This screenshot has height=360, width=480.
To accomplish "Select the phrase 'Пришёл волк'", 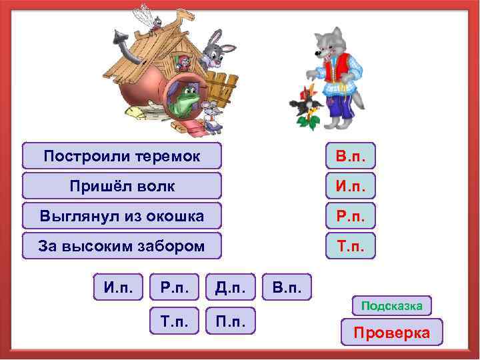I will pyautogui.click(x=121, y=185).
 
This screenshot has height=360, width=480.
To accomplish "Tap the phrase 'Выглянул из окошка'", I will pyautogui.click(x=121, y=215).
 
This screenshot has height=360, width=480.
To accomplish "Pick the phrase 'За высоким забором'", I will pyautogui.click(x=121, y=245).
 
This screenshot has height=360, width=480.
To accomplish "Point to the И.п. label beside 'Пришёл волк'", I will pyautogui.click(x=351, y=185).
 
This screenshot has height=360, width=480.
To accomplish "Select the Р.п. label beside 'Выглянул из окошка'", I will pyautogui.click(x=351, y=215).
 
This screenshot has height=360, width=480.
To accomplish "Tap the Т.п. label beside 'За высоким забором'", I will pyautogui.click(x=351, y=245).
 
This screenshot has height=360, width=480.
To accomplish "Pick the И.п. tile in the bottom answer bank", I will pyautogui.click(x=118, y=287).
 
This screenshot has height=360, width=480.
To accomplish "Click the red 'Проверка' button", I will pyautogui.click(x=391, y=332).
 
